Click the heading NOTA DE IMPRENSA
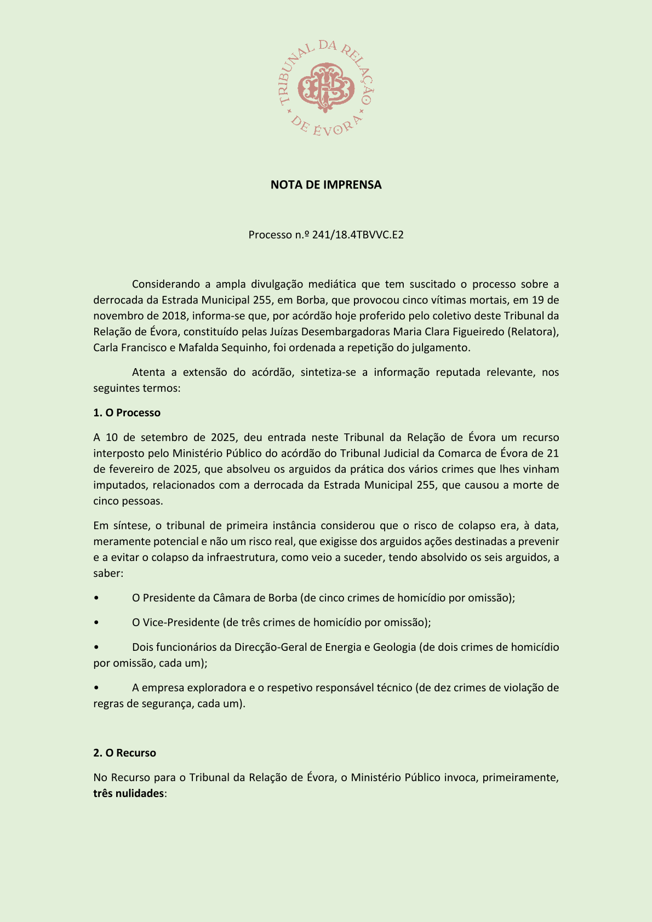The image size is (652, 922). tap(325, 185)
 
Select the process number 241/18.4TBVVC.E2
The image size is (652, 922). tap(358, 235)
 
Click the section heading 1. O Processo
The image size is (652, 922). tap(127, 413)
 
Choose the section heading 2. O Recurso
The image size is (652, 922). tap(124, 753)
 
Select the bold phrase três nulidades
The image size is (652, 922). tap(128, 793)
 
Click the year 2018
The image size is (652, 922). tap(175, 316)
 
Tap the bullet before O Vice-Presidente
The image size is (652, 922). tap(96, 622)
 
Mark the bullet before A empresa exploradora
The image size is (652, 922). tap(96, 688)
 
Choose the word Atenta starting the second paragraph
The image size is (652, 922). tap(148, 372)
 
